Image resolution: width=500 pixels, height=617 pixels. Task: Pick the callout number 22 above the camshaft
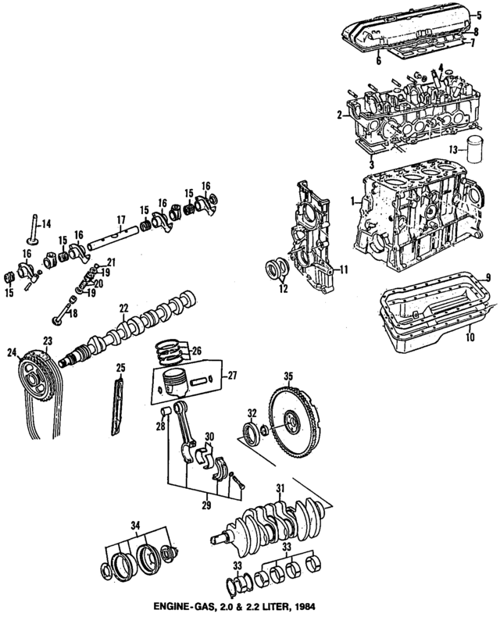123,308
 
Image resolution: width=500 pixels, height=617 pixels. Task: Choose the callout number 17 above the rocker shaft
121,219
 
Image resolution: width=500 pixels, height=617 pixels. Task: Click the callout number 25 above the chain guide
120,368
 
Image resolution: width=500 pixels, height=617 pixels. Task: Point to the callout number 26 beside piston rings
196,349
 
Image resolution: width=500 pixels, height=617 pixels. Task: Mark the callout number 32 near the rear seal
252,413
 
